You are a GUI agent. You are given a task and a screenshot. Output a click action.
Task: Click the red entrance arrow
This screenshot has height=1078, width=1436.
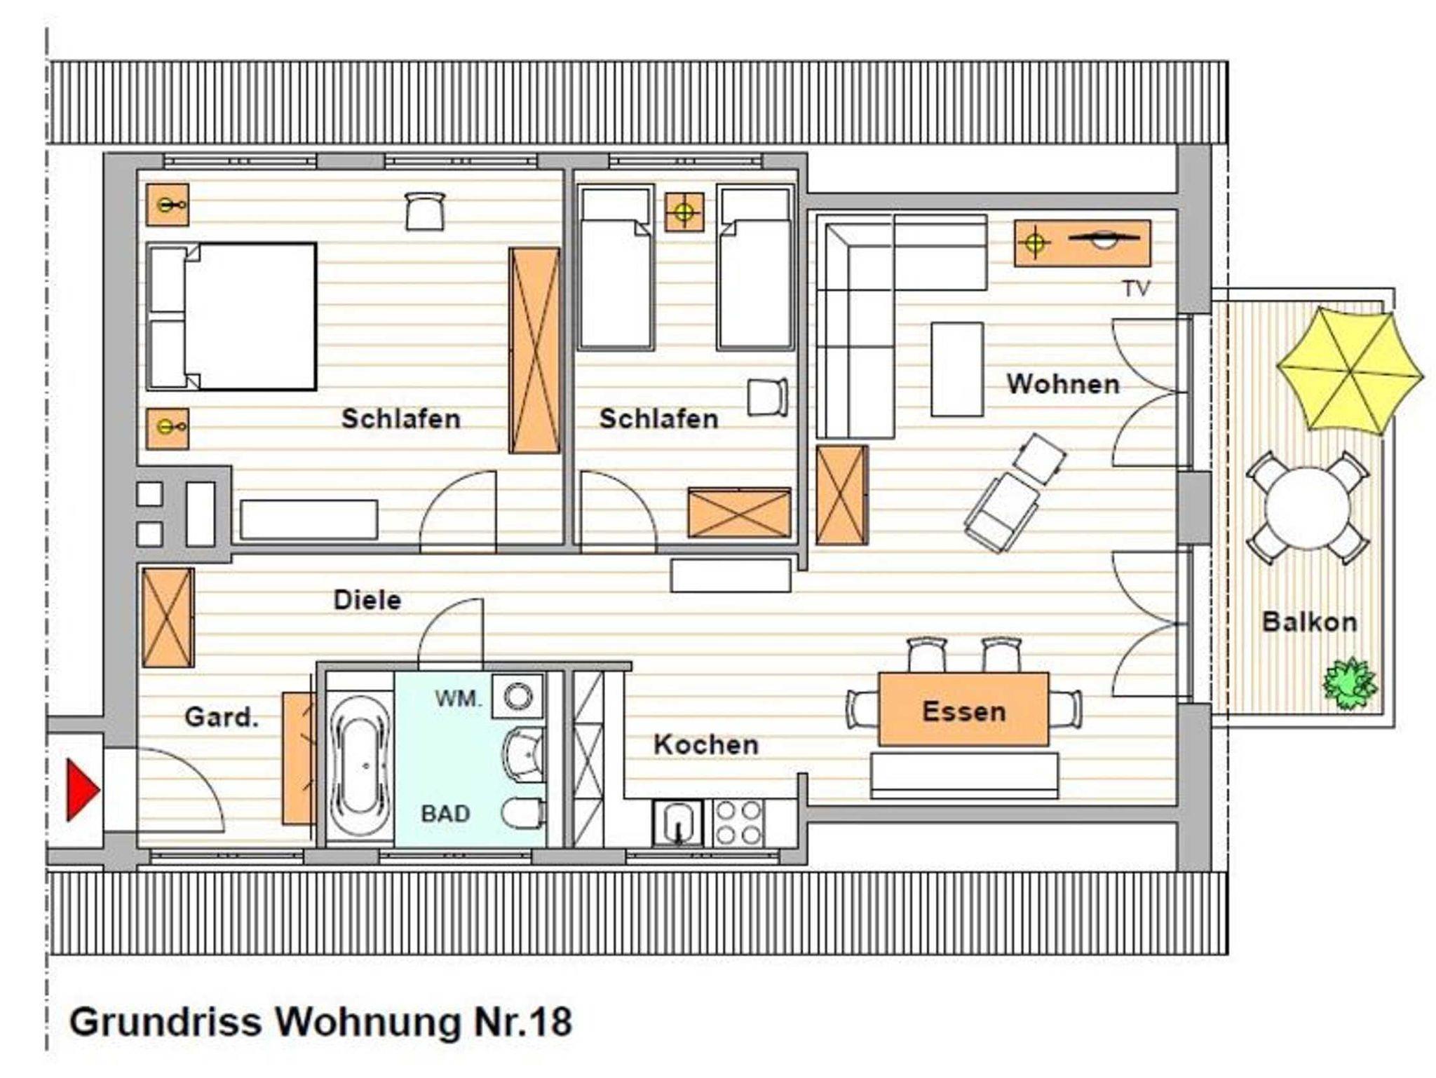(x=81, y=790)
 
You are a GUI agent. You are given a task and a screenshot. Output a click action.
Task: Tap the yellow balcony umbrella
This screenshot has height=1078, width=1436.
(x=1349, y=371)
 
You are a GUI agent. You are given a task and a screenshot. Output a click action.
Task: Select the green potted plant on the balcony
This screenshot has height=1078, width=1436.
(x=1350, y=682)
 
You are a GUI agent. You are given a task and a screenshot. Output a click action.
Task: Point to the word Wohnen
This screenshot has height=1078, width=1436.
(x=1063, y=384)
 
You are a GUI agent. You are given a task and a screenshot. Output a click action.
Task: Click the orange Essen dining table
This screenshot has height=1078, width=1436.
(x=963, y=709)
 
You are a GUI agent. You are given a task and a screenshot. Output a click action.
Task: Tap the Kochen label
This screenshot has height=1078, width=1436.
(x=706, y=744)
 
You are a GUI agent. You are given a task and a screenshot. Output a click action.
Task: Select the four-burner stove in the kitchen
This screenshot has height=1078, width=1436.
(x=738, y=823)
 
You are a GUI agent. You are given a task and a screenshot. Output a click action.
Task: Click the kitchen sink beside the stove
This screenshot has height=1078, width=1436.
(x=678, y=823)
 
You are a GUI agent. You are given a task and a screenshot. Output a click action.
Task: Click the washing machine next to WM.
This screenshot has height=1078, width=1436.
(x=517, y=696)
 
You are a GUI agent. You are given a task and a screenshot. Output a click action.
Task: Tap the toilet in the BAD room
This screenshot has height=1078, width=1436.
(x=523, y=813)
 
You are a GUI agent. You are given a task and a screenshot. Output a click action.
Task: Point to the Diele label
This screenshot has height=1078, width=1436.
(x=367, y=600)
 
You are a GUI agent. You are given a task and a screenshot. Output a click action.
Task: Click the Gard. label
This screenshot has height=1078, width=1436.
(x=222, y=717)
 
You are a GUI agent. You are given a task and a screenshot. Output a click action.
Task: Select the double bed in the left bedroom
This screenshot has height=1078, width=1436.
(x=231, y=317)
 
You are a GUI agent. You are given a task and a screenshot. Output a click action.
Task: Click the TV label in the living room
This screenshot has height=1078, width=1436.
(x=1136, y=289)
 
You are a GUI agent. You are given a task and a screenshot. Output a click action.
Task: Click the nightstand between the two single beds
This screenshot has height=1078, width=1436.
(x=684, y=212)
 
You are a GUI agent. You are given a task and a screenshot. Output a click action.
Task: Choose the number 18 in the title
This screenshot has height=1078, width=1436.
(x=550, y=1022)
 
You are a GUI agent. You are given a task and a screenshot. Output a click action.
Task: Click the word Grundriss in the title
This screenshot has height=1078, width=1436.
(x=165, y=1022)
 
